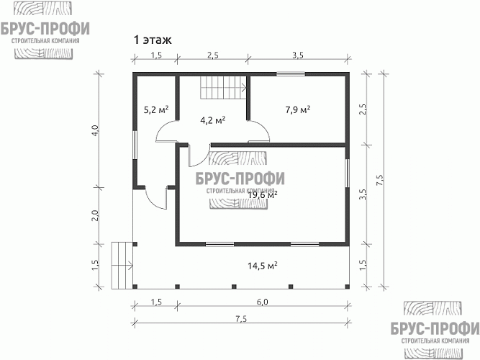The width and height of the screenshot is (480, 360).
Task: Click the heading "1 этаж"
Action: coord(152,40)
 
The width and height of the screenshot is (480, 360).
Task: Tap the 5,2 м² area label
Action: coord(155,110)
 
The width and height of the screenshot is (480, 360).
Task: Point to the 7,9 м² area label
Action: coord(297,110)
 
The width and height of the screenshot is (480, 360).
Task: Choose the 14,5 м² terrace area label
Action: coord(263,266)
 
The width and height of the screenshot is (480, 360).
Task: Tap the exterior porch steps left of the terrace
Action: coord(122,264)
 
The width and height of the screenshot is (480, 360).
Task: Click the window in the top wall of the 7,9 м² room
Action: coord(290,73)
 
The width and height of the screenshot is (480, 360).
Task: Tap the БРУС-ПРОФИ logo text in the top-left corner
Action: coord(45,29)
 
